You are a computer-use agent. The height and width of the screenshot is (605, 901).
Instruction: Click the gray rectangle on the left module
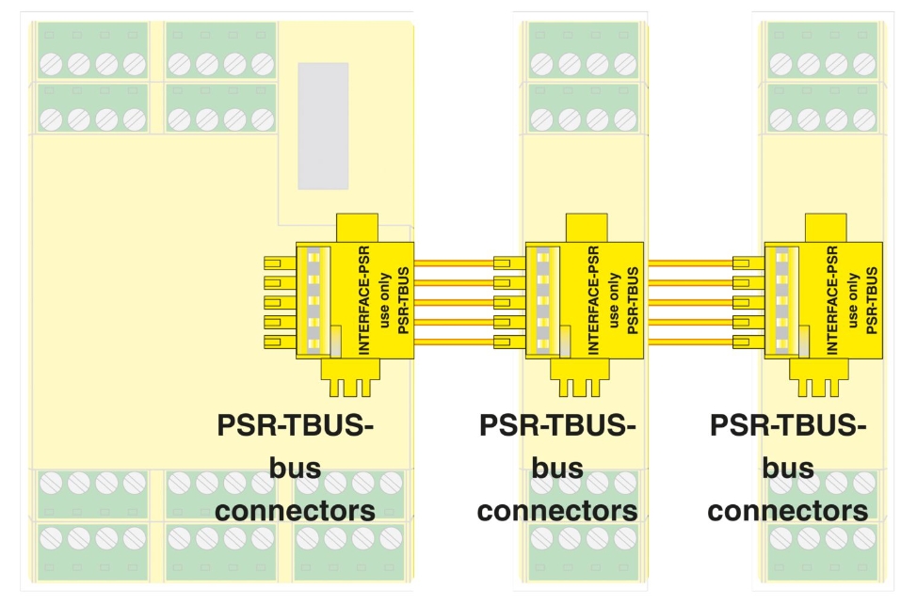[323, 126]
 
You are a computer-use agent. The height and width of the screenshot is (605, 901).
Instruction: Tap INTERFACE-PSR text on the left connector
[364, 298]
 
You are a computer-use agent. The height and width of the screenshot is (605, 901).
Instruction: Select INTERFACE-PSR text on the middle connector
[594, 298]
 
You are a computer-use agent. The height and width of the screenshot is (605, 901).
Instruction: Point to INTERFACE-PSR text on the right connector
[832, 298]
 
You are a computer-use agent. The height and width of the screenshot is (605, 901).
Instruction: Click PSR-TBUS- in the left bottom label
[295, 425]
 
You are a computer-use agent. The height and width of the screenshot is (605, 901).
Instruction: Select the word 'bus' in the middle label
[557, 468]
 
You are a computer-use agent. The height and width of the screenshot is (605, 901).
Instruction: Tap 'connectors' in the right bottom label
[787, 511]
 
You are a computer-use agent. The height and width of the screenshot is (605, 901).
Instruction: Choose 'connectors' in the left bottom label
[295, 511]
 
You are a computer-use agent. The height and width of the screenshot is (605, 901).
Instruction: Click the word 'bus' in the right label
[788, 468]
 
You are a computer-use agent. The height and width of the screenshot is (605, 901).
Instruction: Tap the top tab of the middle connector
[586, 227]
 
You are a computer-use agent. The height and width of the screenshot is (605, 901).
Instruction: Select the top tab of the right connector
[825, 227]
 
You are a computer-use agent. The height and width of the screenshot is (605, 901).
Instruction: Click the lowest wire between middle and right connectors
[690, 342]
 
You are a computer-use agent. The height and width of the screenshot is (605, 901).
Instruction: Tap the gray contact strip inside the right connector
[781, 299]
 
